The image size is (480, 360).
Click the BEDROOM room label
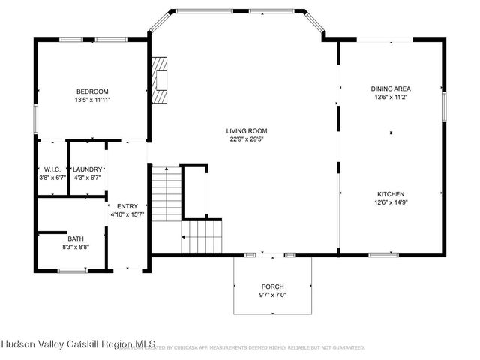(92, 91)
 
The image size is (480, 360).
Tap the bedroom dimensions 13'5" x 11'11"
(92, 100)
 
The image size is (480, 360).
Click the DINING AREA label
(391, 88)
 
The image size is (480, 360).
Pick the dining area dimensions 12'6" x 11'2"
(391, 96)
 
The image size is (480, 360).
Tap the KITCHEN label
(391, 193)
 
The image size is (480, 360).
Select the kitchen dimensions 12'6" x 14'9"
(391, 201)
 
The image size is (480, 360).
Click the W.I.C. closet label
(52, 169)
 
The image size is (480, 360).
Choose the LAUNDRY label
(87, 169)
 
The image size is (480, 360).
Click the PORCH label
(271, 286)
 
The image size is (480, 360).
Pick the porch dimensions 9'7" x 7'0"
(271, 295)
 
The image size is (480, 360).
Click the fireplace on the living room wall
(160, 79)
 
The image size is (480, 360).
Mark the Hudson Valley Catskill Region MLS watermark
(77, 344)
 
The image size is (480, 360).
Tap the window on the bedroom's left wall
(35, 120)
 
